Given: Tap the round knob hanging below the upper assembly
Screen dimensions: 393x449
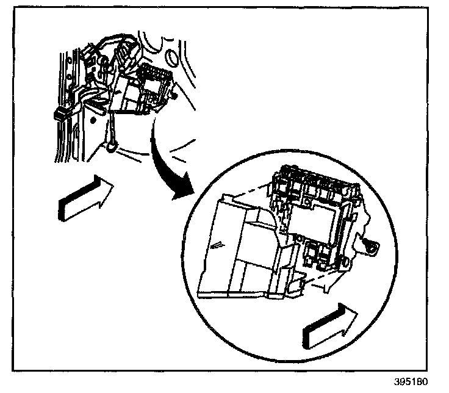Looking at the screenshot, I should click(112, 146).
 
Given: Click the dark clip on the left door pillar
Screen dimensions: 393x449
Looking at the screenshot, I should click(62, 114).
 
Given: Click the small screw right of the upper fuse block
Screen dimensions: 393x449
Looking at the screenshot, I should click(175, 95).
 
